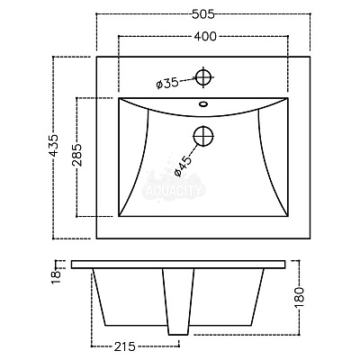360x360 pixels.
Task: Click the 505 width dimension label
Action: pyautogui.click(x=203, y=13)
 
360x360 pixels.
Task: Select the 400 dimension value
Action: pyautogui.click(x=205, y=36)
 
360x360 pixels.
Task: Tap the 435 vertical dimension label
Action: pyautogui.click(x=54, y=145)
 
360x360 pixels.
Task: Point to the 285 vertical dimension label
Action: pyautogui.click(x=76, y=155)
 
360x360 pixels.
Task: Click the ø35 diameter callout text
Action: pyautogui.click(x=167, y=83)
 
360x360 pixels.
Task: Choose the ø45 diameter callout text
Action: pyautogui.click(x=183, y=166)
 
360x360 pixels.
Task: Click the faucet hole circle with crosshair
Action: pyautogui.click(x=203, y=77)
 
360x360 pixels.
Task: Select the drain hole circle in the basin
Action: pyautogui.click(x=203, y=136)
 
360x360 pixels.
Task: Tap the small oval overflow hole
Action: pyautogui.click(x=203, y=104)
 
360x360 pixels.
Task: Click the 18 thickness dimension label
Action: pyautogui.click(x=56, y=277)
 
